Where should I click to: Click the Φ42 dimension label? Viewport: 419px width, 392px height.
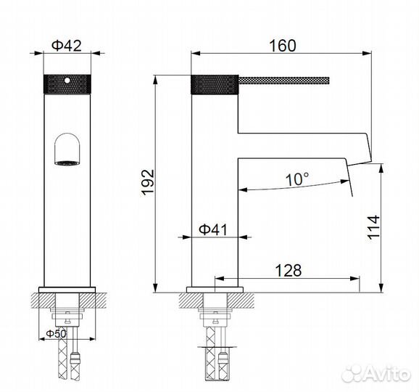[66, 45]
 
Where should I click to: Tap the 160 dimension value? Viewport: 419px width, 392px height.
[282, 45]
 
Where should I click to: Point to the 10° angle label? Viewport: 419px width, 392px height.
[296, 177]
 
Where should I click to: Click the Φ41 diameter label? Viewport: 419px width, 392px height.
[213, 229]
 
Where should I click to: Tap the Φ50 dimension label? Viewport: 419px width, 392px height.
[56, 334]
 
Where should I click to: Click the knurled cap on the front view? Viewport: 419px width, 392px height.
[66, 83]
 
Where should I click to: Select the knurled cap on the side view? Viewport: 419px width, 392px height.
[215, 83]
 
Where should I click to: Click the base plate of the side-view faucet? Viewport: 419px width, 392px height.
[215, 292]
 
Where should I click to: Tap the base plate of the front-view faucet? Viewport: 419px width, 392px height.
[66, 292]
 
